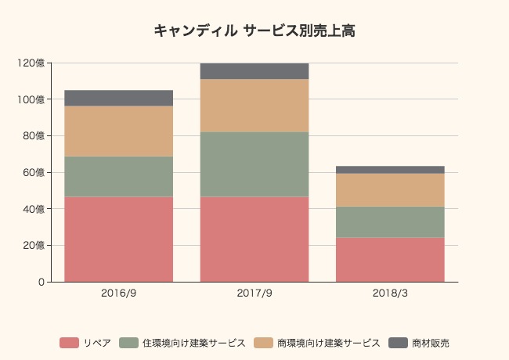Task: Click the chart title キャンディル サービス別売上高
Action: point(254,31)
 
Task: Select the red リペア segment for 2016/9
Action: point(118,239)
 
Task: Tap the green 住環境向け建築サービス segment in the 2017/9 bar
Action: point(254,164)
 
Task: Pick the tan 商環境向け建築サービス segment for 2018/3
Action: point(390,189)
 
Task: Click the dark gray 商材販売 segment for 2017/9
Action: point(254,70)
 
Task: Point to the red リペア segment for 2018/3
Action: point(390,259)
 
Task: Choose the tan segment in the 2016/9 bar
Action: point(118,131)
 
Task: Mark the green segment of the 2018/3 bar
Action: point(390,221)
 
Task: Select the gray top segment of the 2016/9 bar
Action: point(118,98)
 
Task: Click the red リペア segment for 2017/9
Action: point(254,239)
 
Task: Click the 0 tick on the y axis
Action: point(40,282)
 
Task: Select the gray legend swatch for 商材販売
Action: point(399,343)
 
